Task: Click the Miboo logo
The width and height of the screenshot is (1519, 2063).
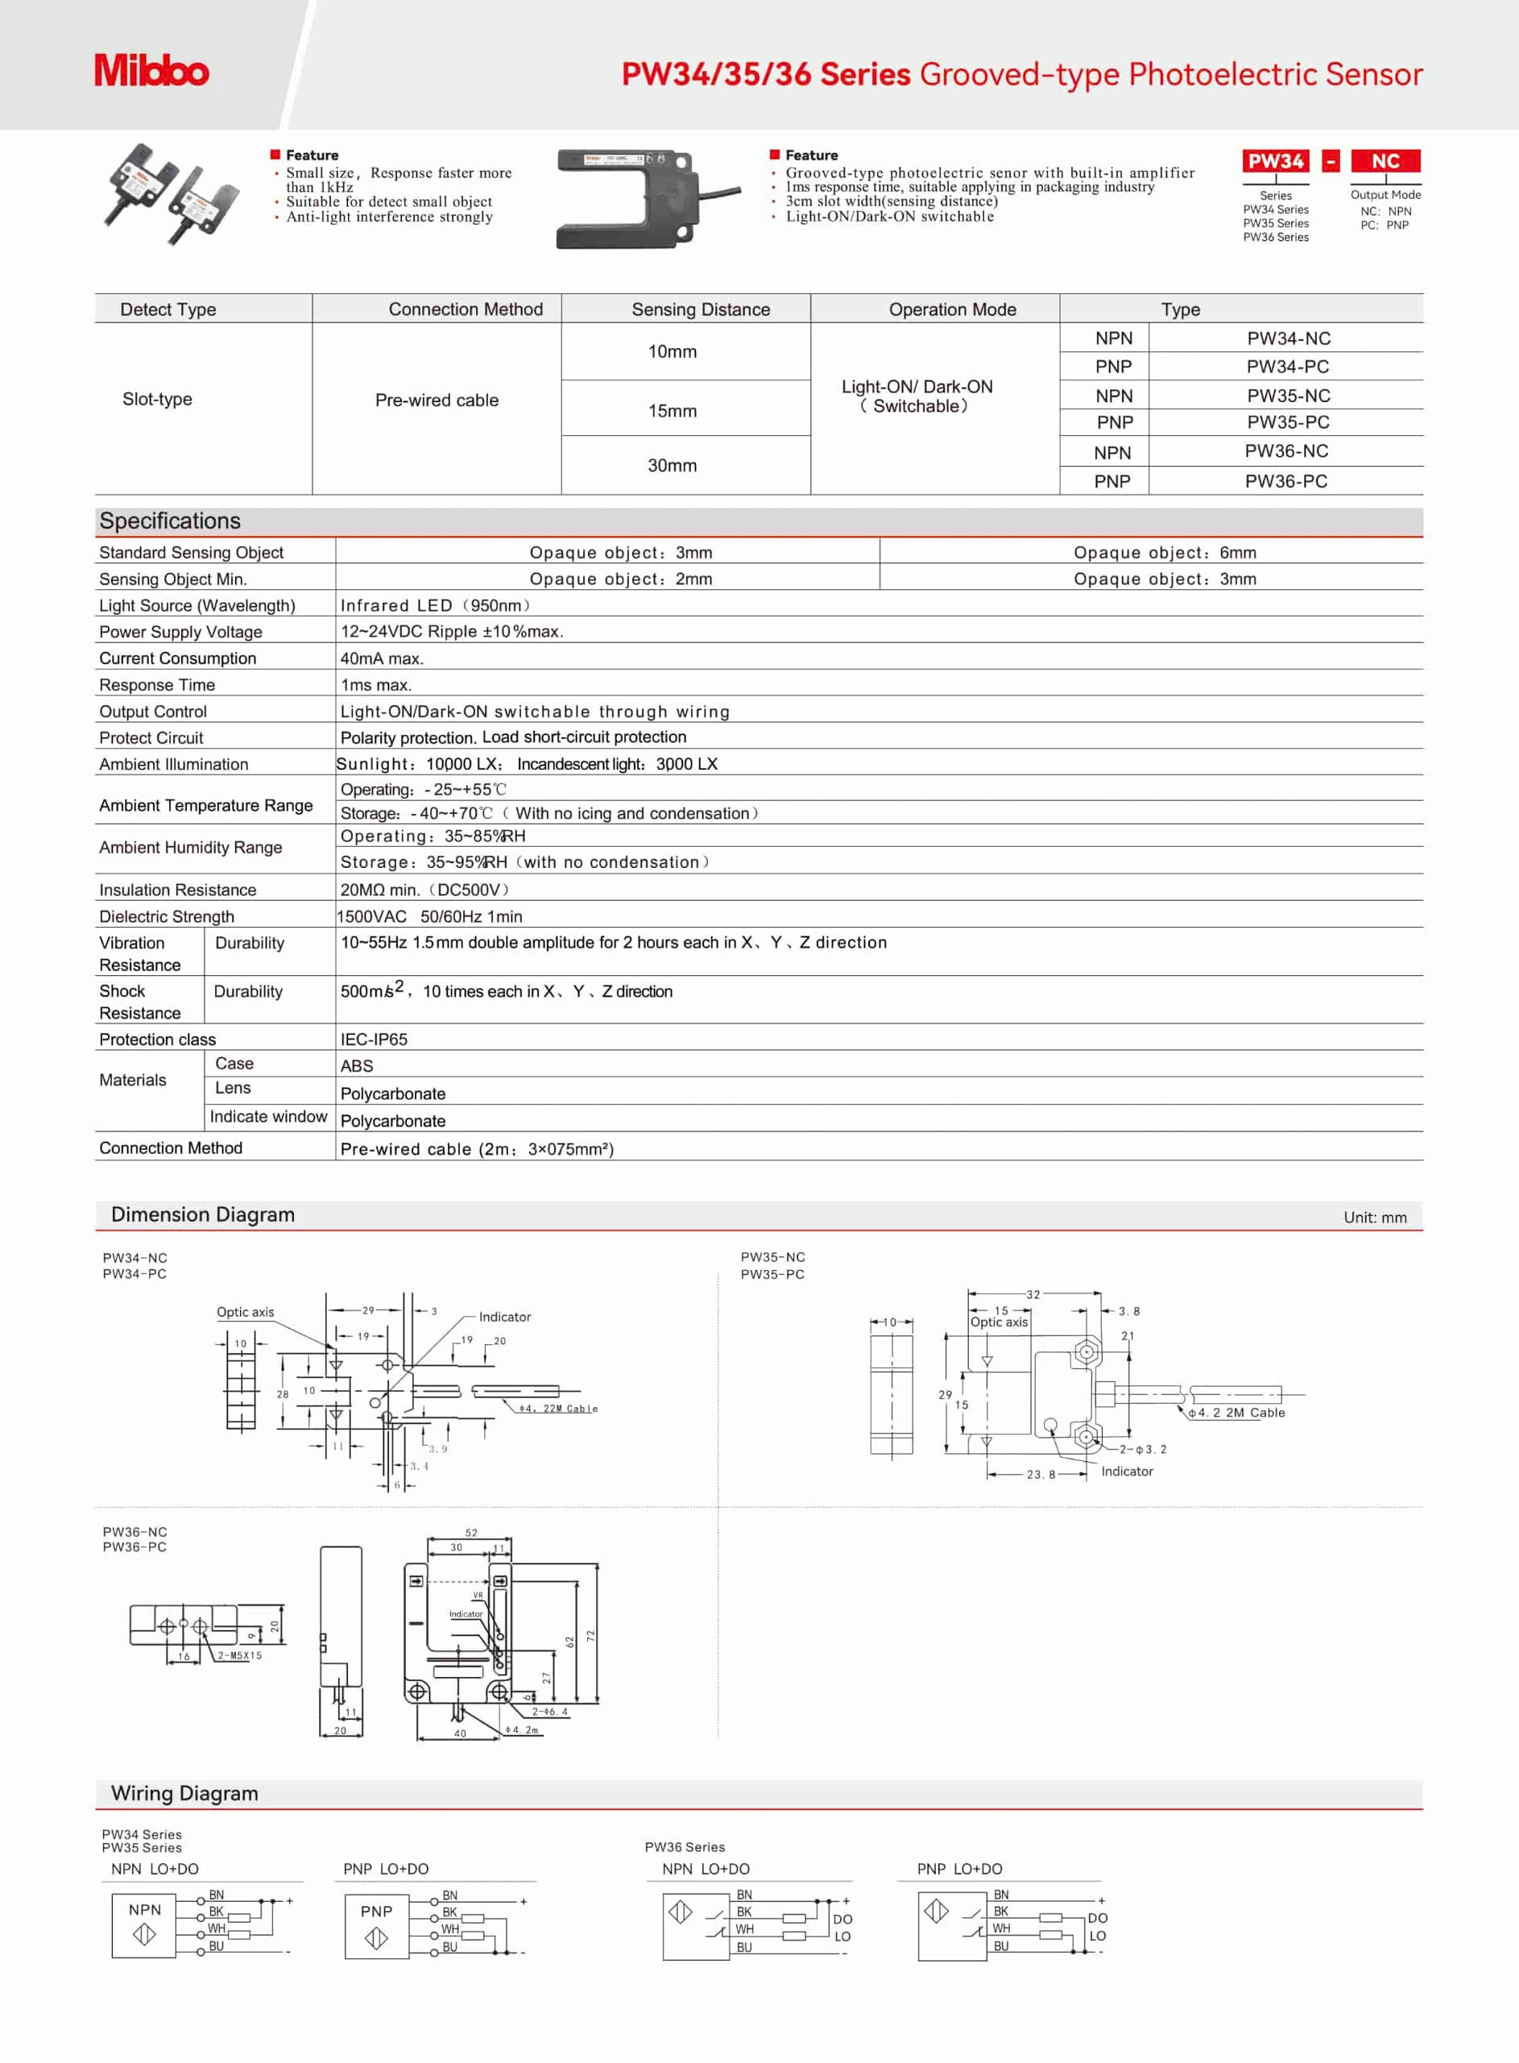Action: coord(151,71)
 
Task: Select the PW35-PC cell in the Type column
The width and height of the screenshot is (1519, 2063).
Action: coord(1287,422)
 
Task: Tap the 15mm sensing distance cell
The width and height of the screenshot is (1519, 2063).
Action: coord(673,410)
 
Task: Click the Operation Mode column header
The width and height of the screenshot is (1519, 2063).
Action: coord(952,309)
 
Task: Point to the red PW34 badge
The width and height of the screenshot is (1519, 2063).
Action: coord(1275,161)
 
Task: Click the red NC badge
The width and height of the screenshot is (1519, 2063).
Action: coord(1384,161)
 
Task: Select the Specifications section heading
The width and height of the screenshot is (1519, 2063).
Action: coord(170,521)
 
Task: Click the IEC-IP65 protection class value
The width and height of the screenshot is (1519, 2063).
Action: coord(374,1039)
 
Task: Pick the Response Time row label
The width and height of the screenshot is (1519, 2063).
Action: coord(157,684)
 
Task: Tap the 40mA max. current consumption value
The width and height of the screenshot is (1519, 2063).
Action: coord(382,658)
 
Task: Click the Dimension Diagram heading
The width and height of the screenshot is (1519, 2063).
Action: coord(203,1214)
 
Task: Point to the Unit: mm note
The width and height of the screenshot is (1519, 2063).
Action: coord(1375,1217)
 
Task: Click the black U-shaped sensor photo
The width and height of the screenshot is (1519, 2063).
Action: coord(635,199)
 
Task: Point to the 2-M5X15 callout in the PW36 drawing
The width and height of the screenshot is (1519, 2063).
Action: coord(239,1654)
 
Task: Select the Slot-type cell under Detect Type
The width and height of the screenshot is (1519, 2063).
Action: coord(157,399)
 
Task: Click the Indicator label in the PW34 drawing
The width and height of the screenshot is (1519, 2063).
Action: coord(505,1316)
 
